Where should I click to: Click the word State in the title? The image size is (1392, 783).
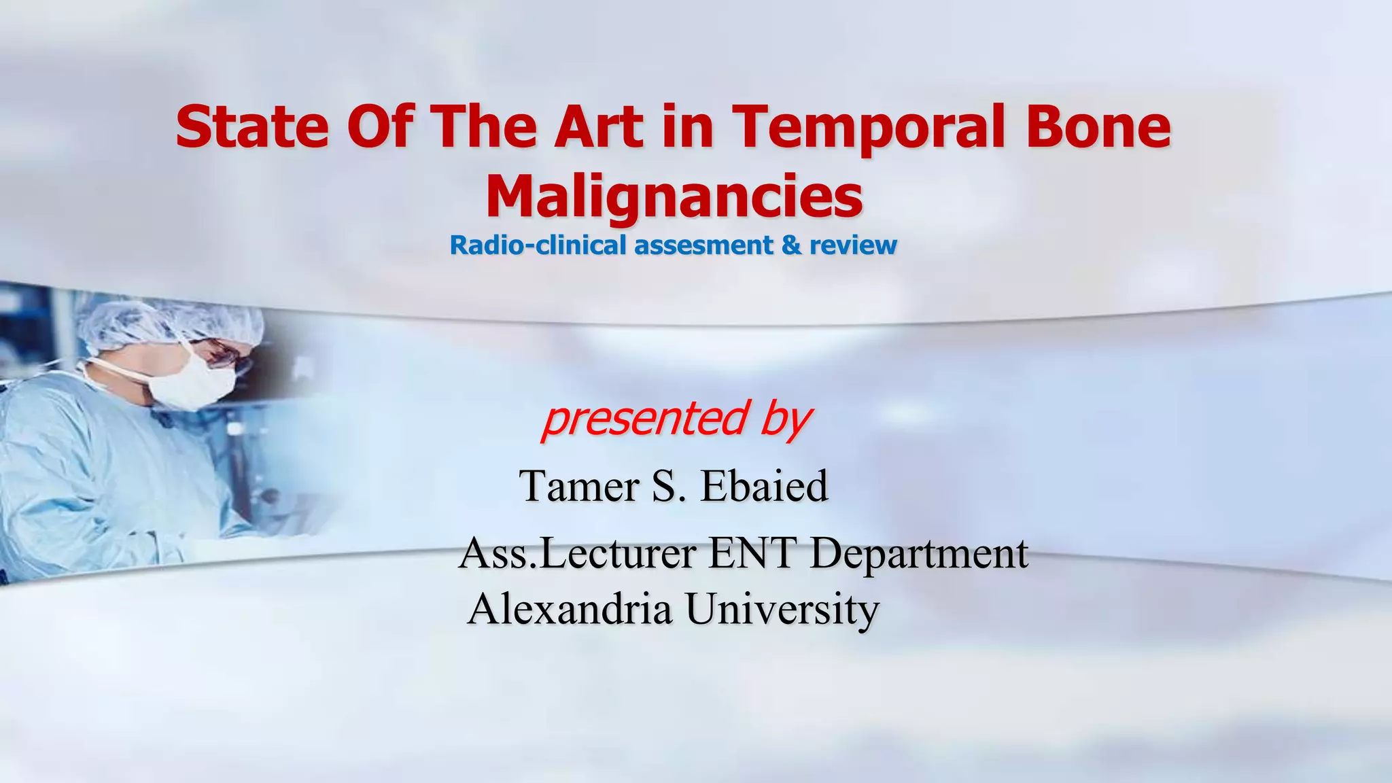[x=252, y=127]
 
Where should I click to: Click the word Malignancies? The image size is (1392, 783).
[x=674, y=198]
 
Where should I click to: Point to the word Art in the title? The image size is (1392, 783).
[x=598, y=127]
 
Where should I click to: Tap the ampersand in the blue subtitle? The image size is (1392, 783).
[x=790, y=245]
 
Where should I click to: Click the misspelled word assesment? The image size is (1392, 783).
[x=703, y=245]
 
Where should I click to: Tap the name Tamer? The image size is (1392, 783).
[x=580, y=486]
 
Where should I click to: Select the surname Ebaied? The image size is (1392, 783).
[x=764, y=486]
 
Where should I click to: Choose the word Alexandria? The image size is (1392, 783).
[x=570, y=608]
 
